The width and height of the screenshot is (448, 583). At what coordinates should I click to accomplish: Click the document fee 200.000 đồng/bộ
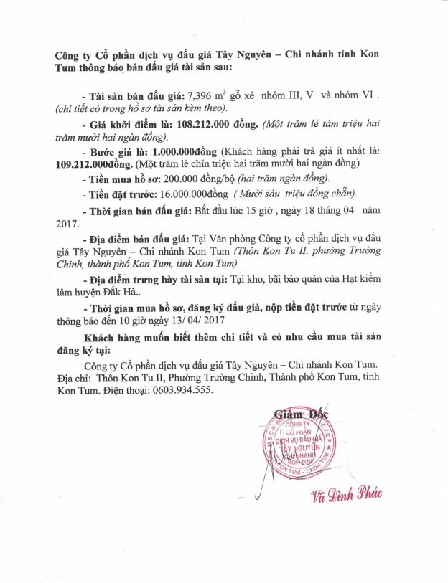189,179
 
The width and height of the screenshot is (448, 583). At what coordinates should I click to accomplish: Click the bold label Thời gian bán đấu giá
139,211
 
